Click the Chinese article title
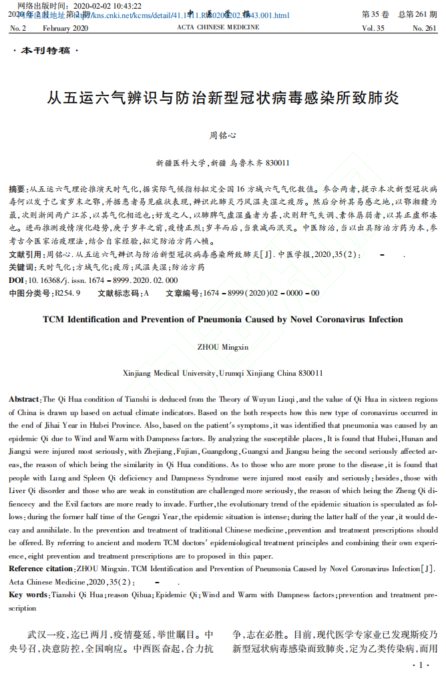pos(223,98)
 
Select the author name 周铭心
pos(223,135)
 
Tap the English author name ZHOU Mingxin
pos(223,347)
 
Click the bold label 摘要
pos(17,190)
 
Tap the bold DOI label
pos(17,280)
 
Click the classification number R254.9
pos(67,293)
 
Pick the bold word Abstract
pos(24,399)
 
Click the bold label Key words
pos(28,595)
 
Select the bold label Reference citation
pos(41,569)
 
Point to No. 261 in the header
pos(425,29)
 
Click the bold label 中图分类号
pos(31,293)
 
